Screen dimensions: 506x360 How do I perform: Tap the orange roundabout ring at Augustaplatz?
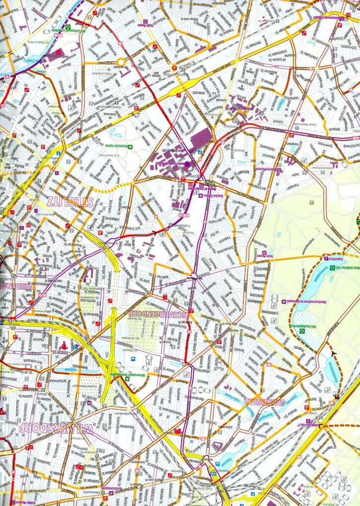tap(120, 62)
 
